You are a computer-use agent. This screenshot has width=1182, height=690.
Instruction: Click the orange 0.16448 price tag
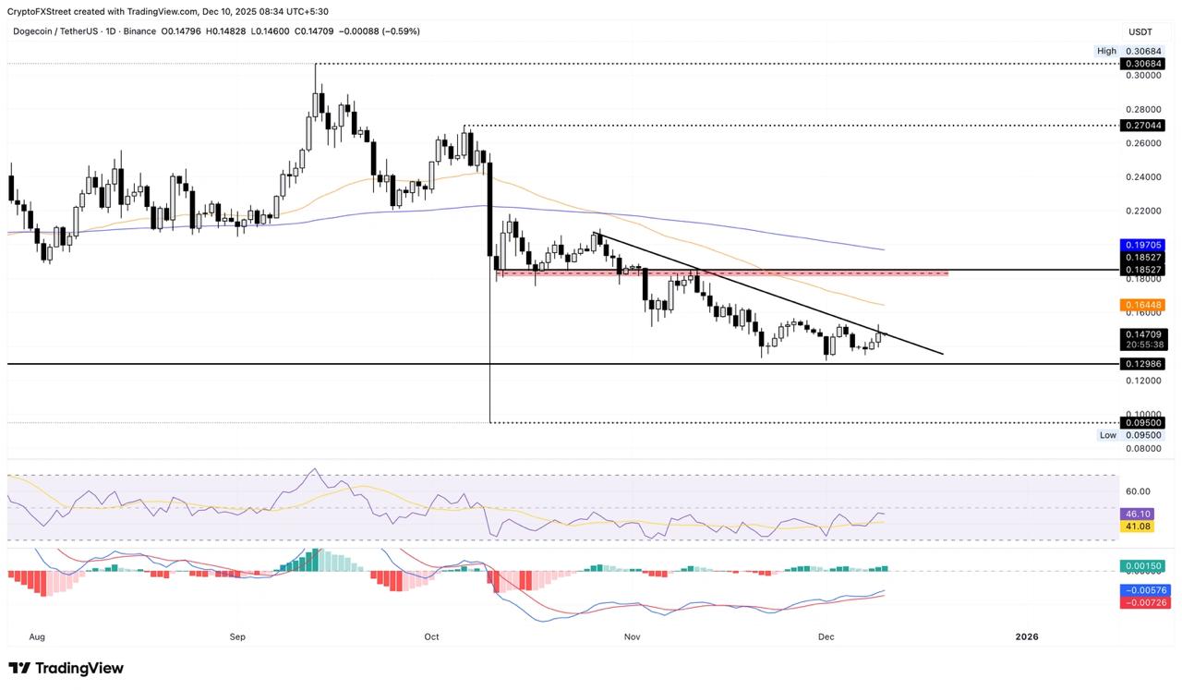tap(1142, 305)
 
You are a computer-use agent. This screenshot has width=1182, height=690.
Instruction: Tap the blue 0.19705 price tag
tap(1142, 245)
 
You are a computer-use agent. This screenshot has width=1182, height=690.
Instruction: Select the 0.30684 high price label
tap(1142, 64)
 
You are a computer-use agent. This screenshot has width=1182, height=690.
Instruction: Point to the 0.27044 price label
tap(1142, 125)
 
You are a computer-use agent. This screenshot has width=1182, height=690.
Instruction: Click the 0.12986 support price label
tap(1142, 364)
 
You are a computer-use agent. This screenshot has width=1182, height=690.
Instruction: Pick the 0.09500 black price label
tap(1142, 422)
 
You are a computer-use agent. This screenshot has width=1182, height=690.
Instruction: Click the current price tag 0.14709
tap(1142, 334)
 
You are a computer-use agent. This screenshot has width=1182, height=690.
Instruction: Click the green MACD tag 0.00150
tap(1142, 566)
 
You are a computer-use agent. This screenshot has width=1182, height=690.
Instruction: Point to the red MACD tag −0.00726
tap(1142, 602)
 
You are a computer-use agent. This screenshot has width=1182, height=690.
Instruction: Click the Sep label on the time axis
tap(237, 636)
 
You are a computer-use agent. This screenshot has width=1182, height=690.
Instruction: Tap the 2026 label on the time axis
tap(1026, 636)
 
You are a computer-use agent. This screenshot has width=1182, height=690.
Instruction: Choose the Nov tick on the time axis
tap(633, 636)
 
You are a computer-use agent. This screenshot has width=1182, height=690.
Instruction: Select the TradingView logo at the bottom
tap(66, 668)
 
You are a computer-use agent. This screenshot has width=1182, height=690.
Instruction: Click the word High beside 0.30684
tap(1106, 51)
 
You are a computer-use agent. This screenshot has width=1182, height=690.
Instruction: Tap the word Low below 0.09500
tap(1107, 434)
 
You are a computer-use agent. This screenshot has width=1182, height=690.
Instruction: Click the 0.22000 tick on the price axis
tap(1142, 210)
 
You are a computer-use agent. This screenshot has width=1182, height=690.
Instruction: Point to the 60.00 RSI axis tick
tap(1138, 491)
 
